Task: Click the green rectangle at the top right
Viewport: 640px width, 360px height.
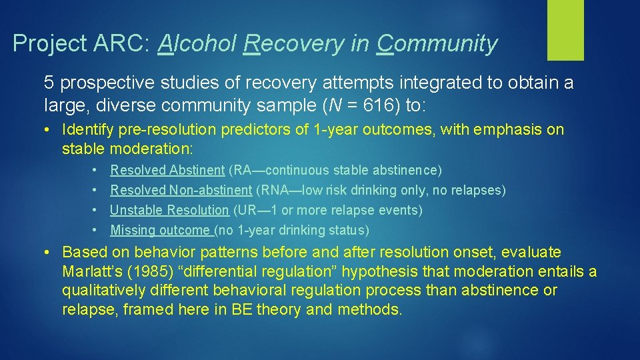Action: pos(565,30)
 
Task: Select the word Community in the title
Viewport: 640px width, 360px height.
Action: pos(437,44)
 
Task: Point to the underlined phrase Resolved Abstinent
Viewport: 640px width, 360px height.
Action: pos(167,171)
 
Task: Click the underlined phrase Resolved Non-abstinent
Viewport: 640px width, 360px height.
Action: pos(181,191)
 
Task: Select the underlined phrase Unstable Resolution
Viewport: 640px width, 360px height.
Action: pos(169,211)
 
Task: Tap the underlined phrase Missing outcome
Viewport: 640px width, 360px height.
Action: pos(161,231)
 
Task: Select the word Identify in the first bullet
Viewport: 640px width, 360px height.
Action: pos(85,129)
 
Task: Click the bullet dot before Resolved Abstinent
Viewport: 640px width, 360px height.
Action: pos(96,171)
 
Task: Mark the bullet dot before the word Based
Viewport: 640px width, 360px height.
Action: pos(48,253)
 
